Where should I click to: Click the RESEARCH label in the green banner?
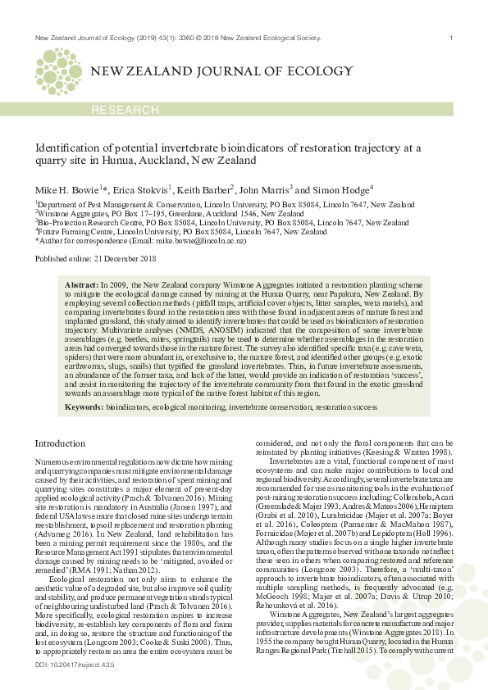tap(125, 110)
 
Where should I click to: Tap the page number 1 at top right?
tap(451, 39)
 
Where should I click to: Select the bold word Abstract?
tap(80, 283)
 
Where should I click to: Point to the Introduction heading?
tap(59, 443)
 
